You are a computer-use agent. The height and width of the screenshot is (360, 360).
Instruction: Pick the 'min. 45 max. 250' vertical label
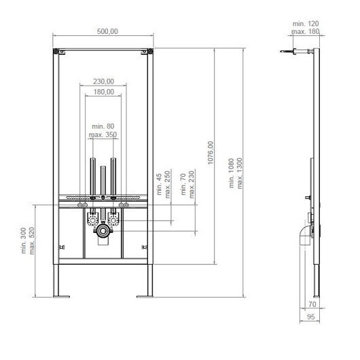tap(164, 183)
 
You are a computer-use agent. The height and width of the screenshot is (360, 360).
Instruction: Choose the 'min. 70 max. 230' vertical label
tap(188, 183)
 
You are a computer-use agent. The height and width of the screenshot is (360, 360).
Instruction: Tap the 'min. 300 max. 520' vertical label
tap(26, 240)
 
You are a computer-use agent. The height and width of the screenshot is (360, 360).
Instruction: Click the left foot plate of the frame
tap(62, 295)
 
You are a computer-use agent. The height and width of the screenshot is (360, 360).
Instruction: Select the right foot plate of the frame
tap(145, 295)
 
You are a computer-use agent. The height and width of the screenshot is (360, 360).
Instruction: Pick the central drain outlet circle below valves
tap(103, 232)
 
